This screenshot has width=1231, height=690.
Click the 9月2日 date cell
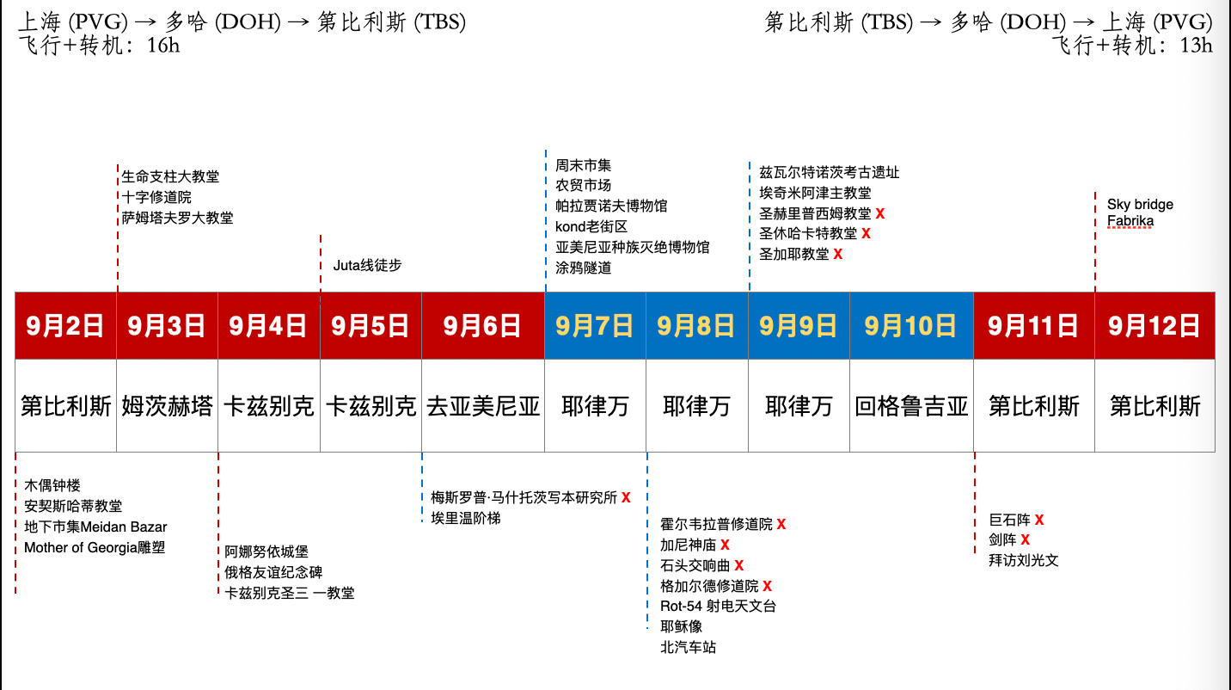tap(65, 326)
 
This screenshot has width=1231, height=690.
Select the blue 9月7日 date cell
tap(595, 326)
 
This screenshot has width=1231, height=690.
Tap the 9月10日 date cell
tap(910, 326)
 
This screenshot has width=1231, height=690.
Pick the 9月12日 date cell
tap(1154, 326)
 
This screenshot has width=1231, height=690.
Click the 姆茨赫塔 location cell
tap(167, 406)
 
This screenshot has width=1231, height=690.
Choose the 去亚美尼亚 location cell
tap(483, 406)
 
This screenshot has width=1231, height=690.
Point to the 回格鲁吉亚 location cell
tap(911, 406)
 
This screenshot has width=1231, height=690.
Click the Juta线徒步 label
tap(367, 266)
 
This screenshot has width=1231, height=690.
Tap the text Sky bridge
tap(1140, 205)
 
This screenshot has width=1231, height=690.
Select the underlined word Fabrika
tap(1130, 221)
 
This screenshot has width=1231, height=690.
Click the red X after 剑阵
tap(1025, 540)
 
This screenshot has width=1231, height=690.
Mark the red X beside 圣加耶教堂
tap(837, 255)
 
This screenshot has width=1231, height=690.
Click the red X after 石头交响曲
tap(738, 565)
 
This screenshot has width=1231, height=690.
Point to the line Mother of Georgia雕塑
tap(95, 547)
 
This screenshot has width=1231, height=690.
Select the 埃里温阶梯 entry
tap(466, 518)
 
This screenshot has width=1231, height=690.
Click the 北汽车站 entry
tap(688, 647)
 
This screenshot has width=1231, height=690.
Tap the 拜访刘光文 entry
tap(1024, 561)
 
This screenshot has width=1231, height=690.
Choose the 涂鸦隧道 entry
tap(583, 268)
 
